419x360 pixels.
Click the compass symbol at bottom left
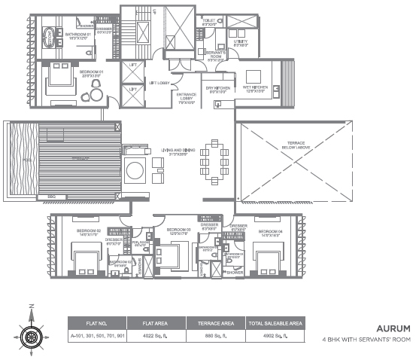click(31, 331)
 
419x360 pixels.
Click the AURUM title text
click(393, 329)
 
